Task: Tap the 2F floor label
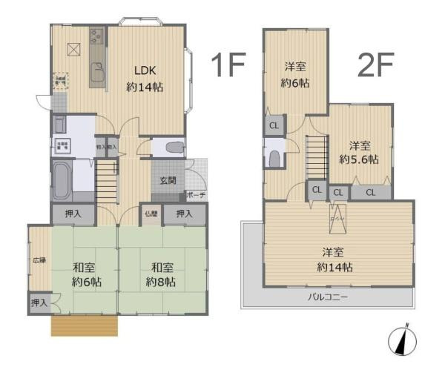tap(375, 66)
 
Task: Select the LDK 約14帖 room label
tap(144, 79)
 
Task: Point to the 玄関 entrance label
tap(168, 180)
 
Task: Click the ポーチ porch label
tap(196, 196)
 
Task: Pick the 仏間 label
tap(151, 214)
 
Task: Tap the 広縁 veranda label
tap(39, 260)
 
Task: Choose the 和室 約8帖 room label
tap(160, 274)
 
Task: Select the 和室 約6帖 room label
tap(87, 274)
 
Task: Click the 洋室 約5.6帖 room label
tap(360, 152)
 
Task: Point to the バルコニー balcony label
tap(328, 297)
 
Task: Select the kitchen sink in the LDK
tap(97, 73)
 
